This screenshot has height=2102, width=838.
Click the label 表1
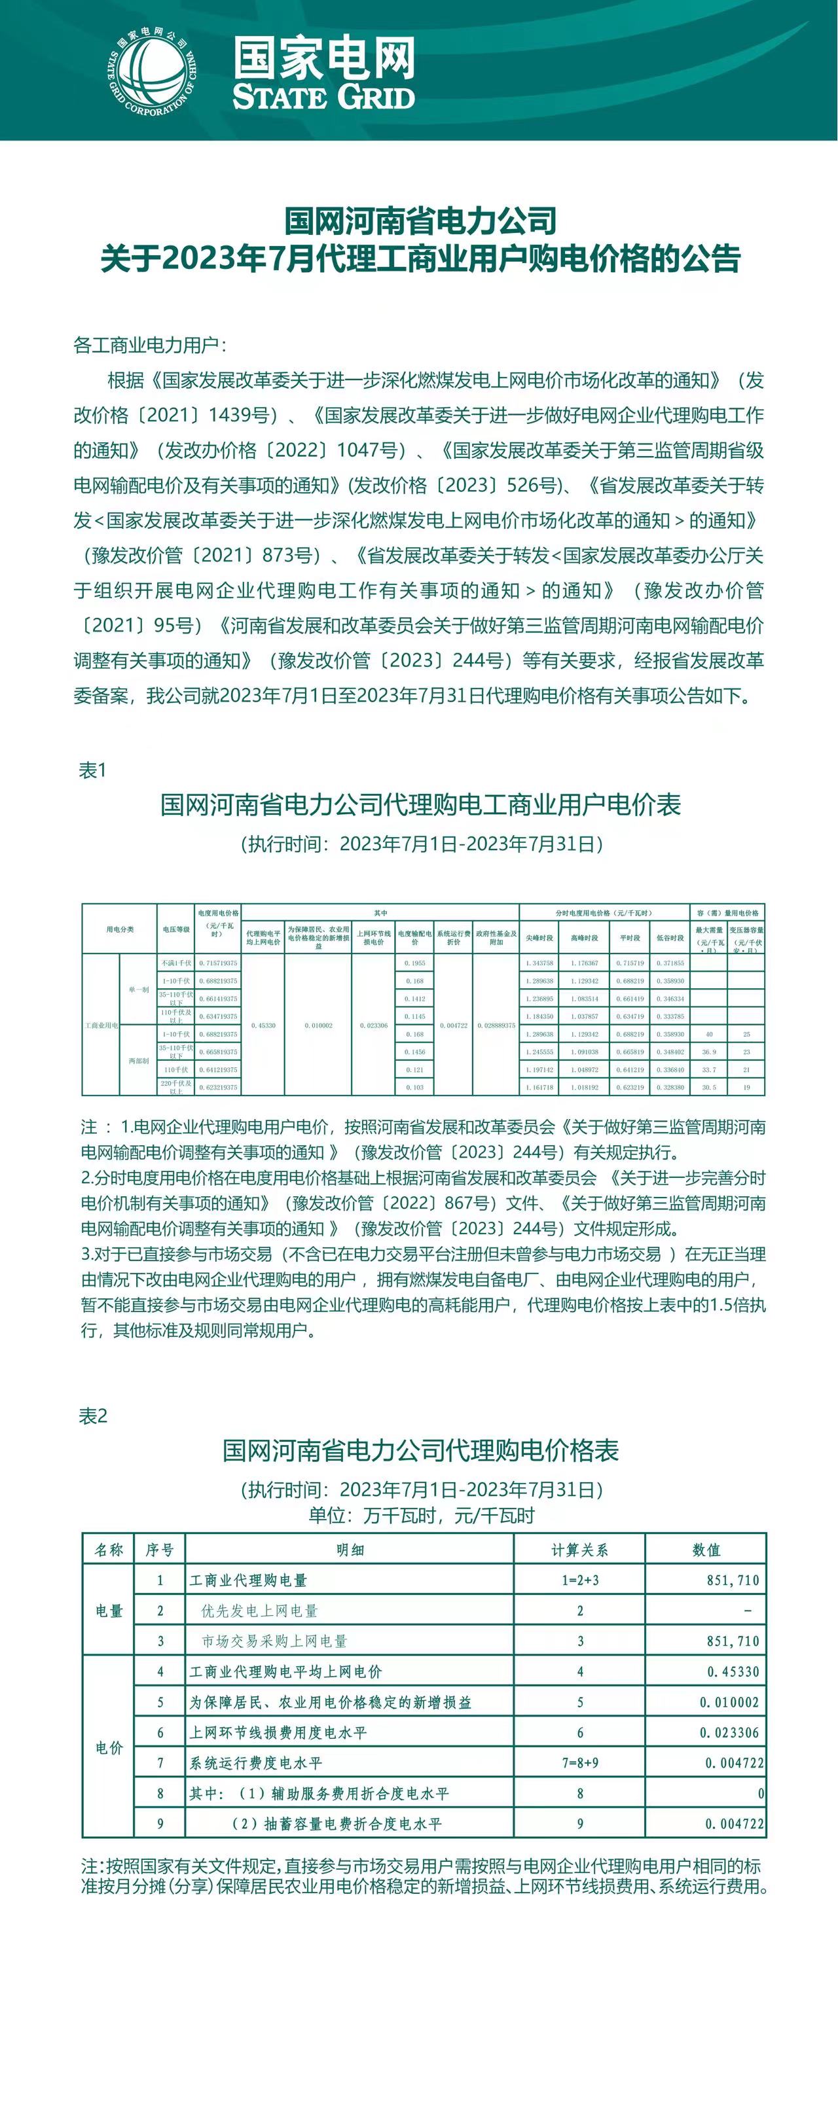pos(92,770)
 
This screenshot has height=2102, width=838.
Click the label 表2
pos(93,1416)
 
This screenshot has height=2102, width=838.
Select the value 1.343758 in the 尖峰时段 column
pos(539,963)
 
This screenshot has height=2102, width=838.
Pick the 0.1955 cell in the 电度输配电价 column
pos(415,963)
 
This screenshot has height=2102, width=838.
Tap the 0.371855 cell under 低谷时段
pos(670,963)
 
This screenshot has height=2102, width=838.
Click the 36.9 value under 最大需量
pos(709,1052)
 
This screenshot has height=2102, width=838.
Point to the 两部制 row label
pos(139,1061)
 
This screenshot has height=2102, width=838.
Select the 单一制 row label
pos(139,989)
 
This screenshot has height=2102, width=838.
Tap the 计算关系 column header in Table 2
pos(579,1550)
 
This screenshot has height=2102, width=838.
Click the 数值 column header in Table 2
pos(706,1550)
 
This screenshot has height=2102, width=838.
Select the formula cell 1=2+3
pos(579,1580)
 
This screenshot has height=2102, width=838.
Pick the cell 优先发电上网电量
pos(259,1611)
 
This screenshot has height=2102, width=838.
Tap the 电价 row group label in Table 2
pos(109,1748)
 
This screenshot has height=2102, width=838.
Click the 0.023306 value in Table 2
pos(729,1732)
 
